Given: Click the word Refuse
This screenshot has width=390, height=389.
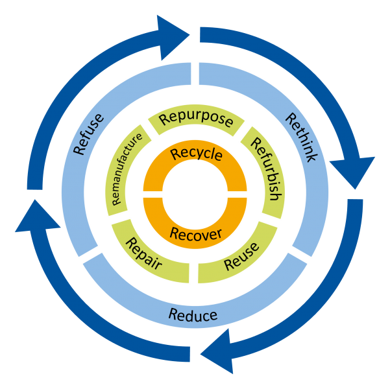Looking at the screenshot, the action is click(88, 134).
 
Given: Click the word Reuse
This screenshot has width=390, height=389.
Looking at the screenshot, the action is click(241, 256).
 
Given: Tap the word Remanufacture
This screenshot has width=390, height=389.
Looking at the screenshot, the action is click(127, 169).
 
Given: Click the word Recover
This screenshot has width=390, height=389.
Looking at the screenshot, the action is click(196, 235).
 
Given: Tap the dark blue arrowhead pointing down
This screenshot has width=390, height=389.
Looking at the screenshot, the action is click(352, 172).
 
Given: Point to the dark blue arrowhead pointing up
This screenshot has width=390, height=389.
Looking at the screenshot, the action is click(37, 217).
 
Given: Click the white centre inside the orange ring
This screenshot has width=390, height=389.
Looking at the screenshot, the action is click(195, 194).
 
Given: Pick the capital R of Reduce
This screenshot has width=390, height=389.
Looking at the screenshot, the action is click(173, 314).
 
